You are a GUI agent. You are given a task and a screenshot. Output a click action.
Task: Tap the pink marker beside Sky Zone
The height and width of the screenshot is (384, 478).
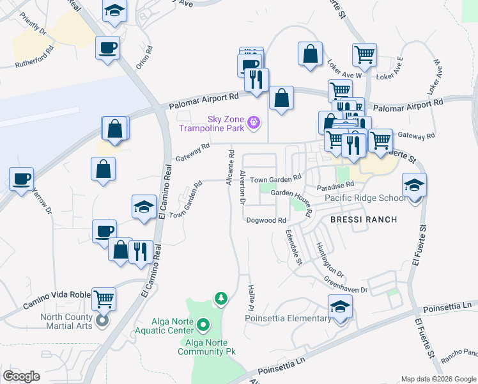tap(254, 121)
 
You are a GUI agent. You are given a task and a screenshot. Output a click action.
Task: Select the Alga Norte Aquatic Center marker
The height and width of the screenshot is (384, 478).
tap(203, 325)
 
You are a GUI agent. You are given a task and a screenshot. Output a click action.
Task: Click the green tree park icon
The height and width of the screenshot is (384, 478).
tap(221, 298)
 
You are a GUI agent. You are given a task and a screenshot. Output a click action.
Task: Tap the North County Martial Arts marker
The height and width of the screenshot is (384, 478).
tap(102, 321)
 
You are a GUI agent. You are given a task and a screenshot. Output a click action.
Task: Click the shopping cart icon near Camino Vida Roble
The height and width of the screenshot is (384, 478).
tap(104, 298)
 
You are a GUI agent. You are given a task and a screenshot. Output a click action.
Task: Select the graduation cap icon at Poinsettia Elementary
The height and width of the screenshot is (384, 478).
tap(341, 307)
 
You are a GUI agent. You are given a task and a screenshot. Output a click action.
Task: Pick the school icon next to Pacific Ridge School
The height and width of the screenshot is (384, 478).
tap(414, 186)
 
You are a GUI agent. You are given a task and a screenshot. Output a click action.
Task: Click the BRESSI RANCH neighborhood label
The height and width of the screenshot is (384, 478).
tap(364, 220)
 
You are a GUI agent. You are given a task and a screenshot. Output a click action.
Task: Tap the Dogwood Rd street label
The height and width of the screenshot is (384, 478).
tap(266, 220)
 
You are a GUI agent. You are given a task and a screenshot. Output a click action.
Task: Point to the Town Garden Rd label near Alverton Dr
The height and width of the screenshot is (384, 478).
tap(275, 179)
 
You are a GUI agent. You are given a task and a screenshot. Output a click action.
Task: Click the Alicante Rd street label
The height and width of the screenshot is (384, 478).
tap(230, 169)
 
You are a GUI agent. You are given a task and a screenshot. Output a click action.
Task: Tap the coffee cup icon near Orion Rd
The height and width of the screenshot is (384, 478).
tap(107, 47)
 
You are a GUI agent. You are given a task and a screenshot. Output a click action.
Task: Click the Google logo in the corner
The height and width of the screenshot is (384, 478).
tap(22, 376)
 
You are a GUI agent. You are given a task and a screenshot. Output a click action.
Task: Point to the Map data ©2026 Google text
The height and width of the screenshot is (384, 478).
tap(438, 379)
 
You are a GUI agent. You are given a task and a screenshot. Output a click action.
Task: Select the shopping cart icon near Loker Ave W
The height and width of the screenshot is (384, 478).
tap(364, 55)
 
